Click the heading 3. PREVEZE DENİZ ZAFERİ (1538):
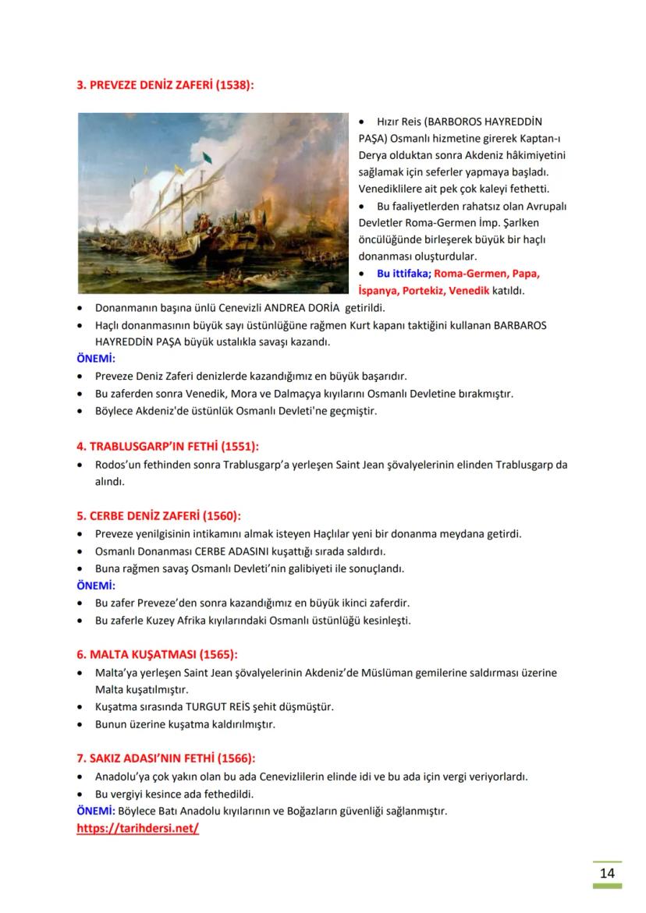(165, 85)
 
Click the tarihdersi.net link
(137, 828)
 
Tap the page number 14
(606, 872)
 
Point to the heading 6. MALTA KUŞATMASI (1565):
(157, 654)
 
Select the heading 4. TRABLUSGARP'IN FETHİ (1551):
(167, 447)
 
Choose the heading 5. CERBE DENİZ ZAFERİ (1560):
(158, 516)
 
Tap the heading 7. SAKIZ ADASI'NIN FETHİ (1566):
(165, 758)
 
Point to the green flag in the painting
(207, 159)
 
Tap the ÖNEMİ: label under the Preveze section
(96, 359)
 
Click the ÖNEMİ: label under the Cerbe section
(96, 586)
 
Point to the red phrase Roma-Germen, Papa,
(487, 274)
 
